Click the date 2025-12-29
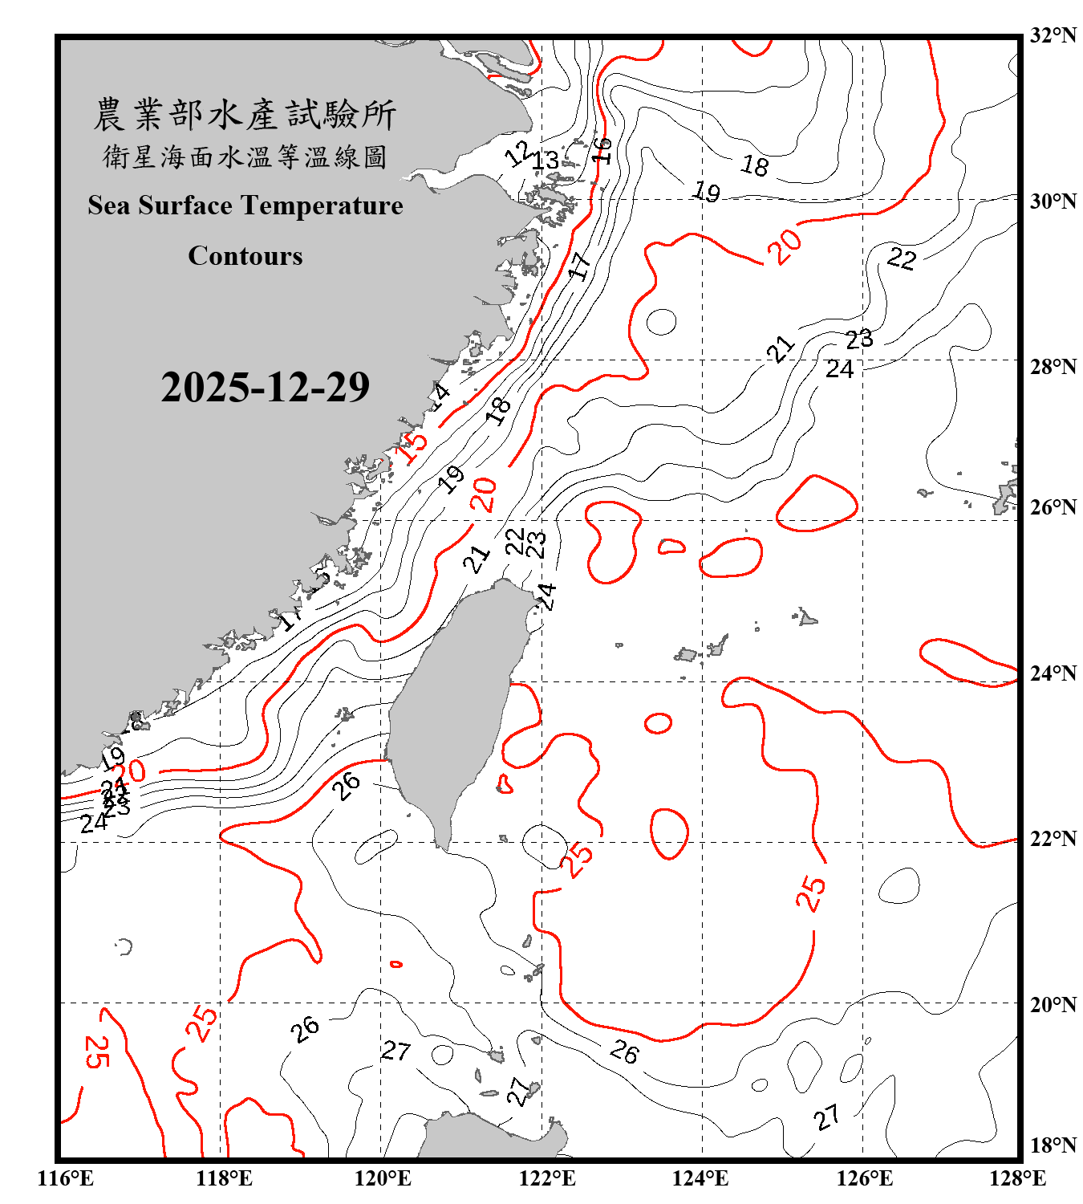265,387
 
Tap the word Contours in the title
245,256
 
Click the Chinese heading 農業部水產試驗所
245,115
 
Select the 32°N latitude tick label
1053,35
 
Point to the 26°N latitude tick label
1053,507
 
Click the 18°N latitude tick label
1053,1145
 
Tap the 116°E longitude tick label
66,1178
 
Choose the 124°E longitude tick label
700,1178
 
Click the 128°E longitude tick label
1017,1178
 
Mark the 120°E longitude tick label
383,1178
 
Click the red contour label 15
413,445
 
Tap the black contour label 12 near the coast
519,153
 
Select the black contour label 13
546,161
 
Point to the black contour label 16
602,150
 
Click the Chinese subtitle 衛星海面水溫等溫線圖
245,157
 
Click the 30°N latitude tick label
1053,201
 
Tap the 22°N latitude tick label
1053,839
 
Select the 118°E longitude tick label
224,1178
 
